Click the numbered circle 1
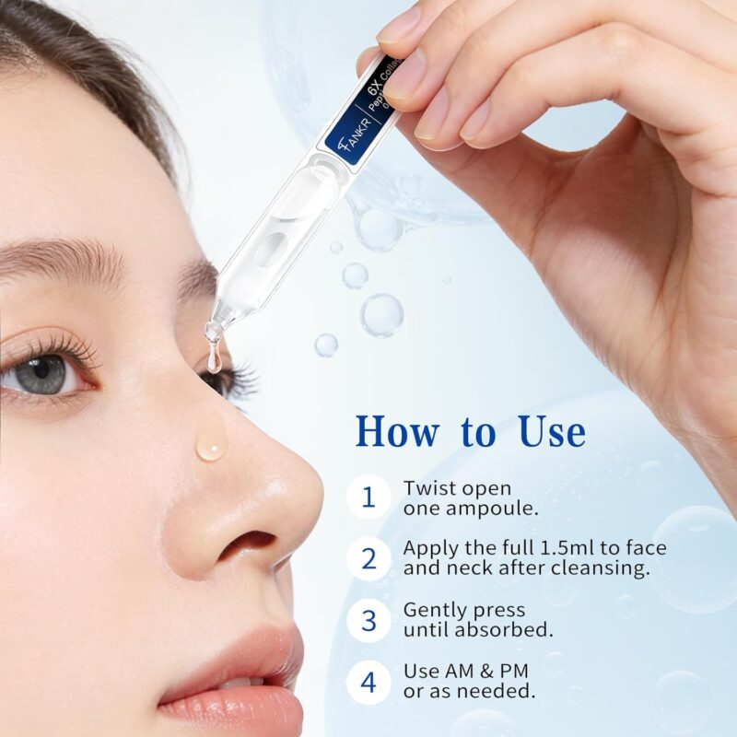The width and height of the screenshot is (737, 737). (x=368, y=497)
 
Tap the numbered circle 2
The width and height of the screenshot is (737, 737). (x=368, y=558)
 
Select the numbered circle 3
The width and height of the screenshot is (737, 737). (x=368, y=620)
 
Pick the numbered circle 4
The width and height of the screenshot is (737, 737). (x=368, y=682)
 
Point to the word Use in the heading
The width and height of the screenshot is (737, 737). (x=551, y=431)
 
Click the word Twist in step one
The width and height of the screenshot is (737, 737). (x=430, y=488)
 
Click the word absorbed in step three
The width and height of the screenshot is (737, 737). (x=507, y=630)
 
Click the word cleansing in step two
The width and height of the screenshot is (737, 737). (x=593, y=568)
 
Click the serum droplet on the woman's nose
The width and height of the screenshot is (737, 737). (x=211, y=446)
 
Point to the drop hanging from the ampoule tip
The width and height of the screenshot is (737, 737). (x=214, y=358)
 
